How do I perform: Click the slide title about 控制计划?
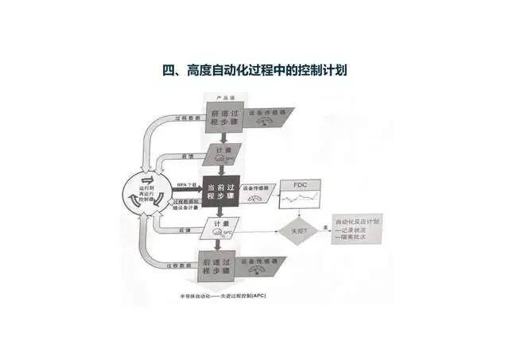(254, 71)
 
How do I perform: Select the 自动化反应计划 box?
(357, 230)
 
